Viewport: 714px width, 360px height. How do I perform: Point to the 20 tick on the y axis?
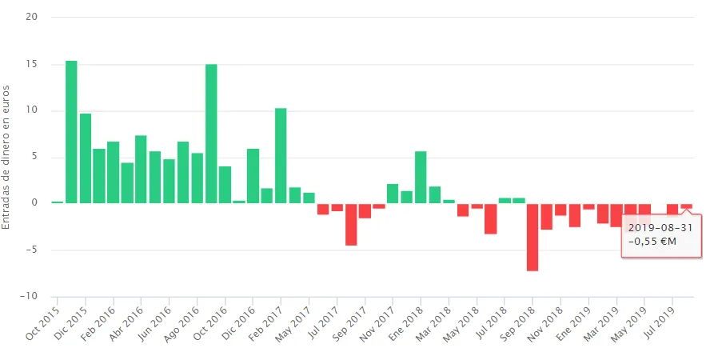[x=33, y=17]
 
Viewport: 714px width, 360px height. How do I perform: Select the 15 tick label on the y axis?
[x=33, y=64]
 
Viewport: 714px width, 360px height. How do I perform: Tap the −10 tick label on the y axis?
[x=30, y=296]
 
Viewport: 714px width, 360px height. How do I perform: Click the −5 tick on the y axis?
[x=31, y=250]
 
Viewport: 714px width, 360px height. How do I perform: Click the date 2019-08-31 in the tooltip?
[x=660, y=228]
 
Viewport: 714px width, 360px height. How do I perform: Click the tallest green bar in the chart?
[x=71, y=132]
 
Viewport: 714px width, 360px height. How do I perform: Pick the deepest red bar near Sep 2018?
[x=533, y=237]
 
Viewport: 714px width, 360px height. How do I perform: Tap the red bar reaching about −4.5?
[x=351, y=224]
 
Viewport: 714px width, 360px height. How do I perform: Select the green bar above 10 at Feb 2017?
[x=281, y=155]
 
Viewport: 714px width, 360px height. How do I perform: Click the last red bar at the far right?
[x=687, y=206]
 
